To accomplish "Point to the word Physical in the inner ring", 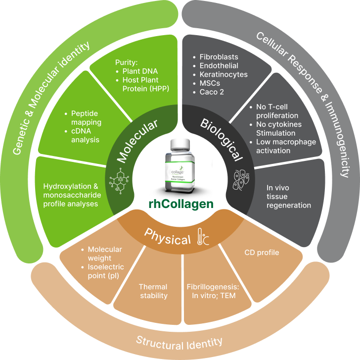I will (x=167, y=240).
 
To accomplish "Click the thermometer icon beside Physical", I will (x=203, y=237).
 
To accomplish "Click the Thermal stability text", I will (x=153, y=291).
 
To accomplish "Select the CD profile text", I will (x=262, y=253).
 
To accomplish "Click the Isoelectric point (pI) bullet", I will (x=108, y=272).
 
